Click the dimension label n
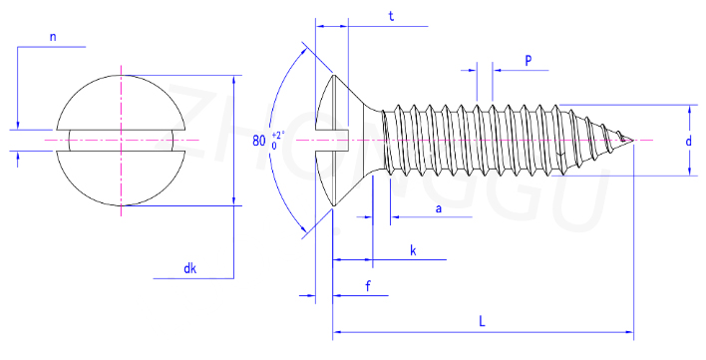pyautogui.click(x=53, y=37)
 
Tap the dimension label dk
pyautogui.click(x=190, y=268)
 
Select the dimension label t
pyautogui.click(x=391, y=16)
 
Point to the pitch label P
pyautogui.click(x=529, y=60)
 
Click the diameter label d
pyautogui.click(x=688, y=142)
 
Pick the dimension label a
pyautogui.click(x=438, y=208)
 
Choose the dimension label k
pyautogui.click(x=413, y=250)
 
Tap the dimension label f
pyautogui.click(x=368, y=286)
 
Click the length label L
pyautogui.click(x=482, y=321)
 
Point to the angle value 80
pyautogui.click(x=259, y=141)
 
